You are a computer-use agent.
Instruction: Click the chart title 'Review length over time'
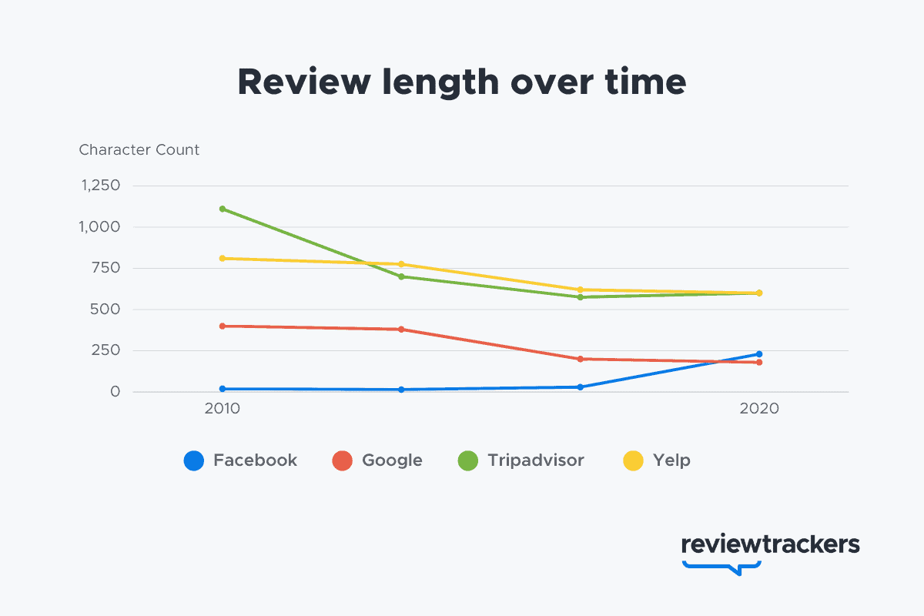pyautogui.click(x=461, y=82)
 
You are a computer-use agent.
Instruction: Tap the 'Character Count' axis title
pyautogui.click(x=139, y=150)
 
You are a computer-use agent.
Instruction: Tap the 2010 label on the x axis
pyautogui.click(x=223, y=409)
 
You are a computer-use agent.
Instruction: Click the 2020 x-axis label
pyautogui.click(x=759, y=409)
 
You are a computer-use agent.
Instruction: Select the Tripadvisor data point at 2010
pyautogui.click(x=223, y=209)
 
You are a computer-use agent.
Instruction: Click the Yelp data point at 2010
pyautogui.click(x=223, y=258)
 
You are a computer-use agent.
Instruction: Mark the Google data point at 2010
pyautogui.click(x=223, y=326)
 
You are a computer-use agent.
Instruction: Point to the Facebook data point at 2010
pyautogui.click(x=223, y=389)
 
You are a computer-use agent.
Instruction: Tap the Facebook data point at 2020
pyautogui.click(x=759, y=354)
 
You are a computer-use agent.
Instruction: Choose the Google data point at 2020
pyautogui.click(x=759, y=362)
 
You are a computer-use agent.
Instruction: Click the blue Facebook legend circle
pyautogui.click(x=194, y=460)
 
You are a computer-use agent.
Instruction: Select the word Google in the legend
pyautogui.click(x=392, y=460)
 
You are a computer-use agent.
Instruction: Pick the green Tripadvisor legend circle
pyautogui.click(x=468, y=460)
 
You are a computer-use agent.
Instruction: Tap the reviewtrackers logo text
pyautogui.click(x=770, y=544)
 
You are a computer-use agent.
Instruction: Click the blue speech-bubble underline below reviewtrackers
pyautogui.click(x=722, y=567)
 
